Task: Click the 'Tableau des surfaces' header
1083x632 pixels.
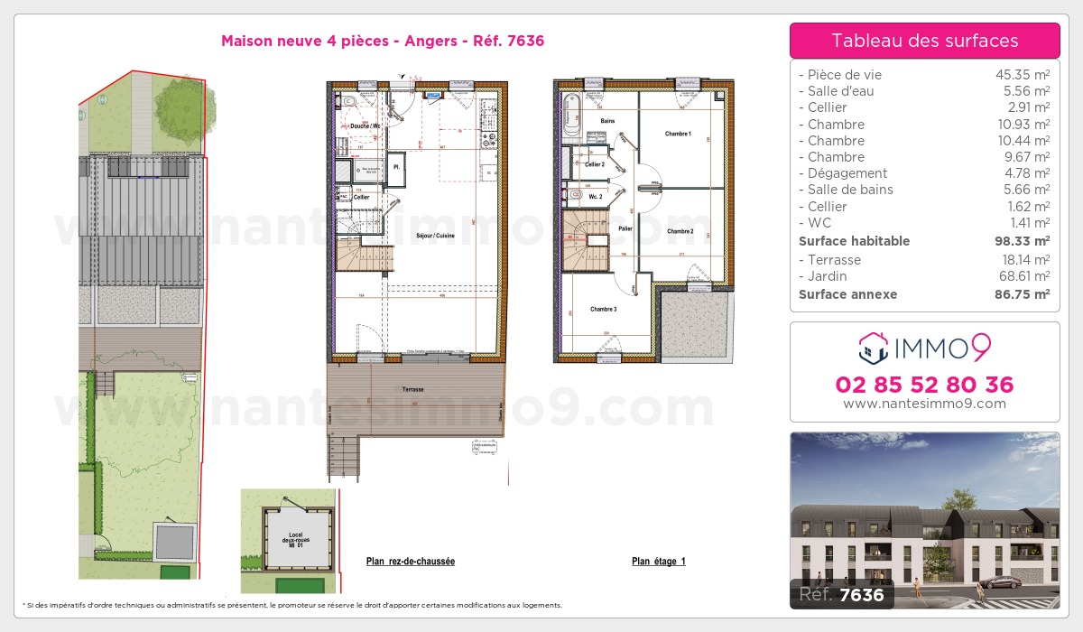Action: pos(924,41)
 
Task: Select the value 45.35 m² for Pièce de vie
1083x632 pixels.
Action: pos(1022,75)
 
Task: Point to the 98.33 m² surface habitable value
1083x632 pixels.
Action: pos(1022,241)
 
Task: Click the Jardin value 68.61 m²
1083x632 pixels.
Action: pos(1022,276)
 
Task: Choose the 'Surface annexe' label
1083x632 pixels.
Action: pos(847,294)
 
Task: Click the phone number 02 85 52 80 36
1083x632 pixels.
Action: pos(924,385)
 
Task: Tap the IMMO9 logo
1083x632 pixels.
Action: pos(924,347)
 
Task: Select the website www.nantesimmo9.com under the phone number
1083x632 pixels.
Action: pos(924,404)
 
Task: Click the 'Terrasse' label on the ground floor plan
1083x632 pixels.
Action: pos(413,389)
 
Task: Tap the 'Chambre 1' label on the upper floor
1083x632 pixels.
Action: pos(678,135)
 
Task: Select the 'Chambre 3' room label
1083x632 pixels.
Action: pos(604,310)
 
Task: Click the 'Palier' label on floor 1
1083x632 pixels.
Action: pos(625,229)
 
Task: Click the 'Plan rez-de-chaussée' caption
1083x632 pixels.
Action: pos(411,562)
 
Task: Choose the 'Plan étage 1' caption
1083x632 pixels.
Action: pos(659,562)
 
